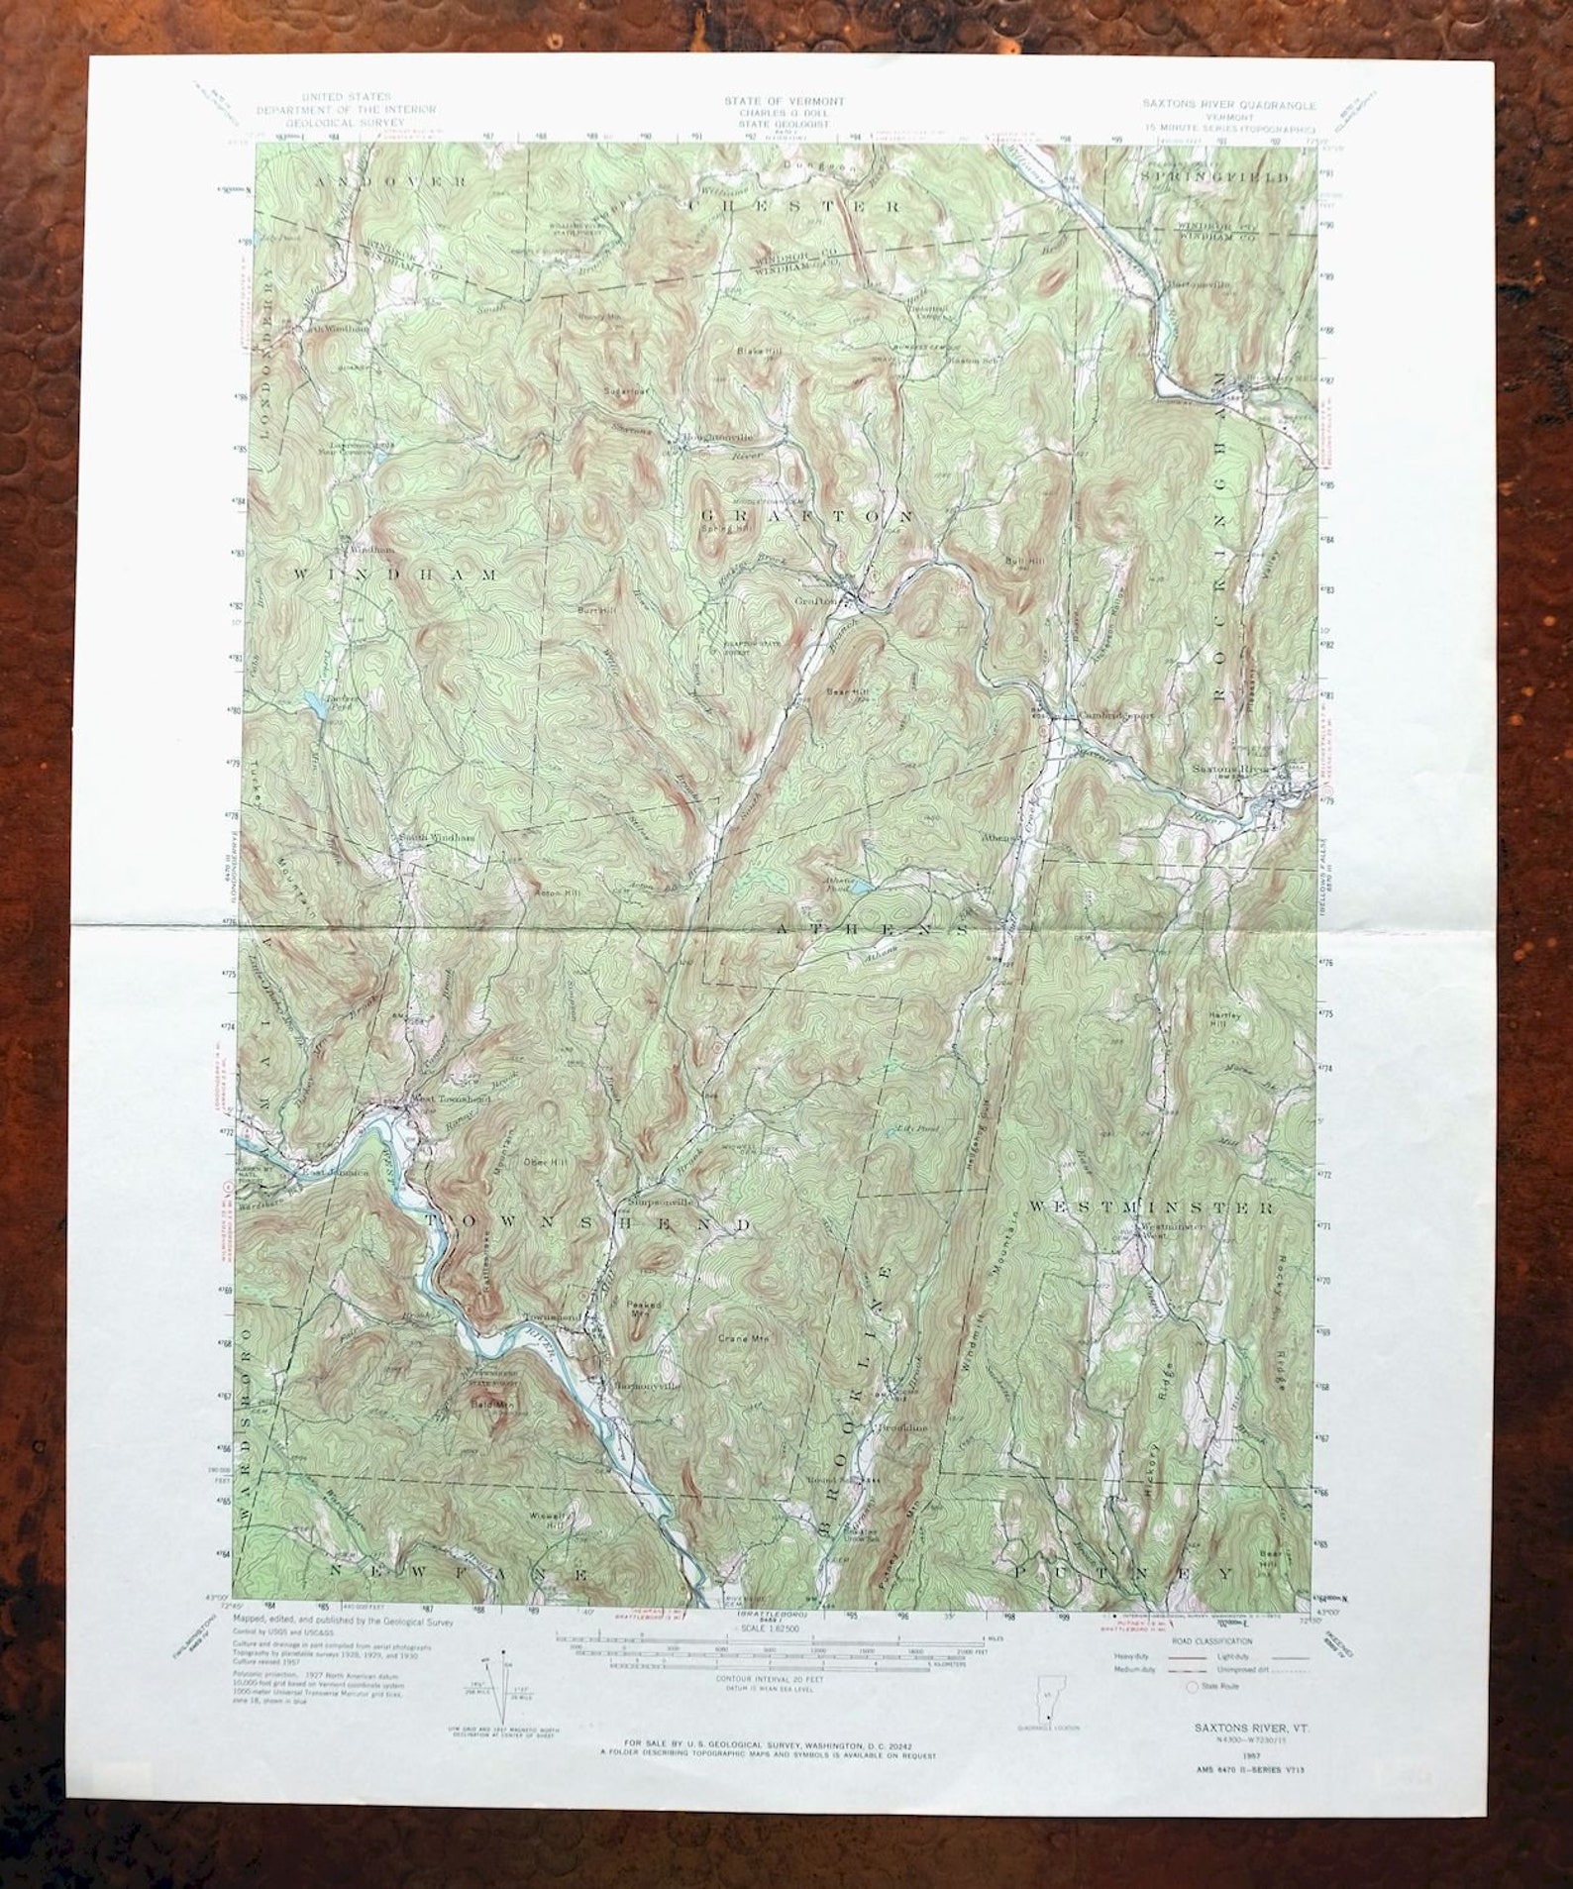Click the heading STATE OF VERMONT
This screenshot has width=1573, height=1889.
pyautogui.click(x=784, y=101)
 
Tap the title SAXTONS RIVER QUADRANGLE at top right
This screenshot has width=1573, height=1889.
pyautogui.click(x=1228, y=104)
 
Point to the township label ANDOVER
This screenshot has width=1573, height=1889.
pyautogui.click(x=392, y=182)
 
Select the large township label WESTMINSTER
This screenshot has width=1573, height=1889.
pyautogui.click(x=1150, y=1207)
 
